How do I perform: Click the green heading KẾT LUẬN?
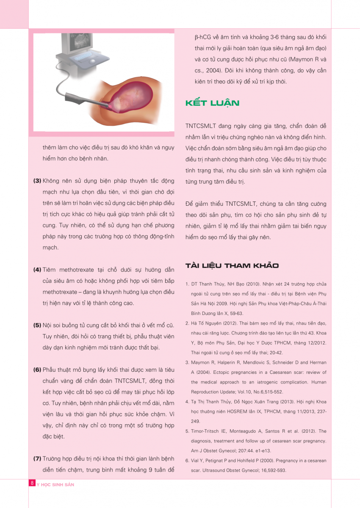tap(212, 103)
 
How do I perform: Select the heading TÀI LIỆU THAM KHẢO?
tap(232, 266)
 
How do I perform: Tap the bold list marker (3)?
tap(37, 181)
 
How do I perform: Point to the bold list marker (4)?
tap(37, 270)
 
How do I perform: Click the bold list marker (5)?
tap(37, 326)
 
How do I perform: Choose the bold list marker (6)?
tap(37, 370)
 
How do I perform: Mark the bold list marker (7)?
tap(37, 458)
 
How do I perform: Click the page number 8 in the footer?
tap(32, 484)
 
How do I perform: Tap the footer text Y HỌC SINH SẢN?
tap(55, 485)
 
